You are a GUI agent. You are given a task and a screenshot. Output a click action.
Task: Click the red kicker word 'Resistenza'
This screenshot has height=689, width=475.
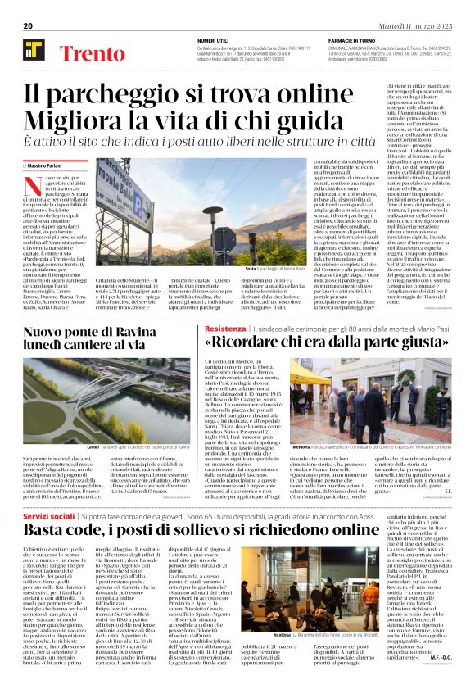[x=225, y=328]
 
